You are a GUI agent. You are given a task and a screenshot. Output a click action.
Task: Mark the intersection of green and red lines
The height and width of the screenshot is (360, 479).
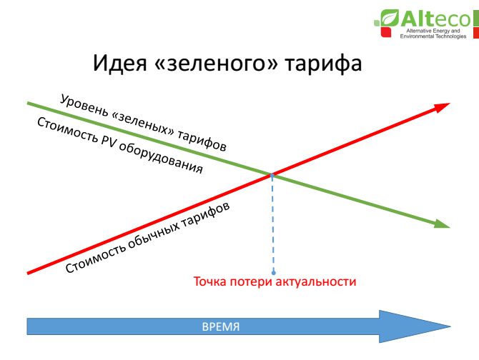pos(272,174)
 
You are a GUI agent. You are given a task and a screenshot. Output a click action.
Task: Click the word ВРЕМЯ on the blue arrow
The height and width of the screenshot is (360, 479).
pos(220,326)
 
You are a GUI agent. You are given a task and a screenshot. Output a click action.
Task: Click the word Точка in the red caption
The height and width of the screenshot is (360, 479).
pos(210,281)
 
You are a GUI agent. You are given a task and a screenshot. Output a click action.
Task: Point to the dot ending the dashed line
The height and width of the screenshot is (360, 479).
pos(272,272)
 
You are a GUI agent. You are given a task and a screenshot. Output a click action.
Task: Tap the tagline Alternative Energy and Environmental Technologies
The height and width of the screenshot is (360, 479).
pos(435,34)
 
